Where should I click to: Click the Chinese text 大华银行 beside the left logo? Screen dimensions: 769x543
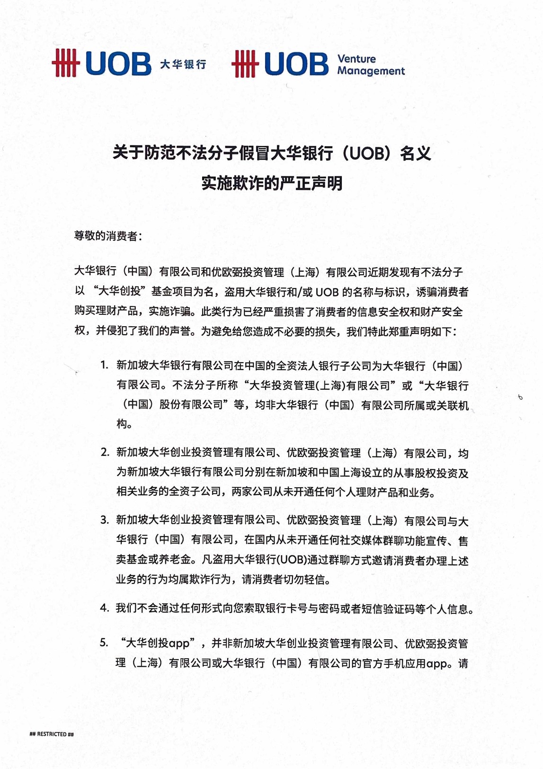(x=183, y=64)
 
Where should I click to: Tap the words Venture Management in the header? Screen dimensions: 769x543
(x=370, y=65)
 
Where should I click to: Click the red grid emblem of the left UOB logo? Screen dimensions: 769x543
(x=65, y=63)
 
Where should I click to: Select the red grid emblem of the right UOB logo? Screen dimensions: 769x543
(x=245, y=63)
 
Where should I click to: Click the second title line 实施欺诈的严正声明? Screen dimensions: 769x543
(x=272, y=183)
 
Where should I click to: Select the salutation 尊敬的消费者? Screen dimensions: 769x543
(x=107, y=236)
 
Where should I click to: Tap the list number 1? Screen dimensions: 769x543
(x=105, y=365)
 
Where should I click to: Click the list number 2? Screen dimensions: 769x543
(x=105, y=452)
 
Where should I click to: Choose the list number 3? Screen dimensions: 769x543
(x=105, y=520)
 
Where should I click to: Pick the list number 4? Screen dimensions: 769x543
(x=105, y=608)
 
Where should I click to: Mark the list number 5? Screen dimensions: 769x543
(x=105, y=643)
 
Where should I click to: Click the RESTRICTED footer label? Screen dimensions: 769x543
(x=52, y=734)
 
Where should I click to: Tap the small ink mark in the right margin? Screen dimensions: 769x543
(x=520, y=397)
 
